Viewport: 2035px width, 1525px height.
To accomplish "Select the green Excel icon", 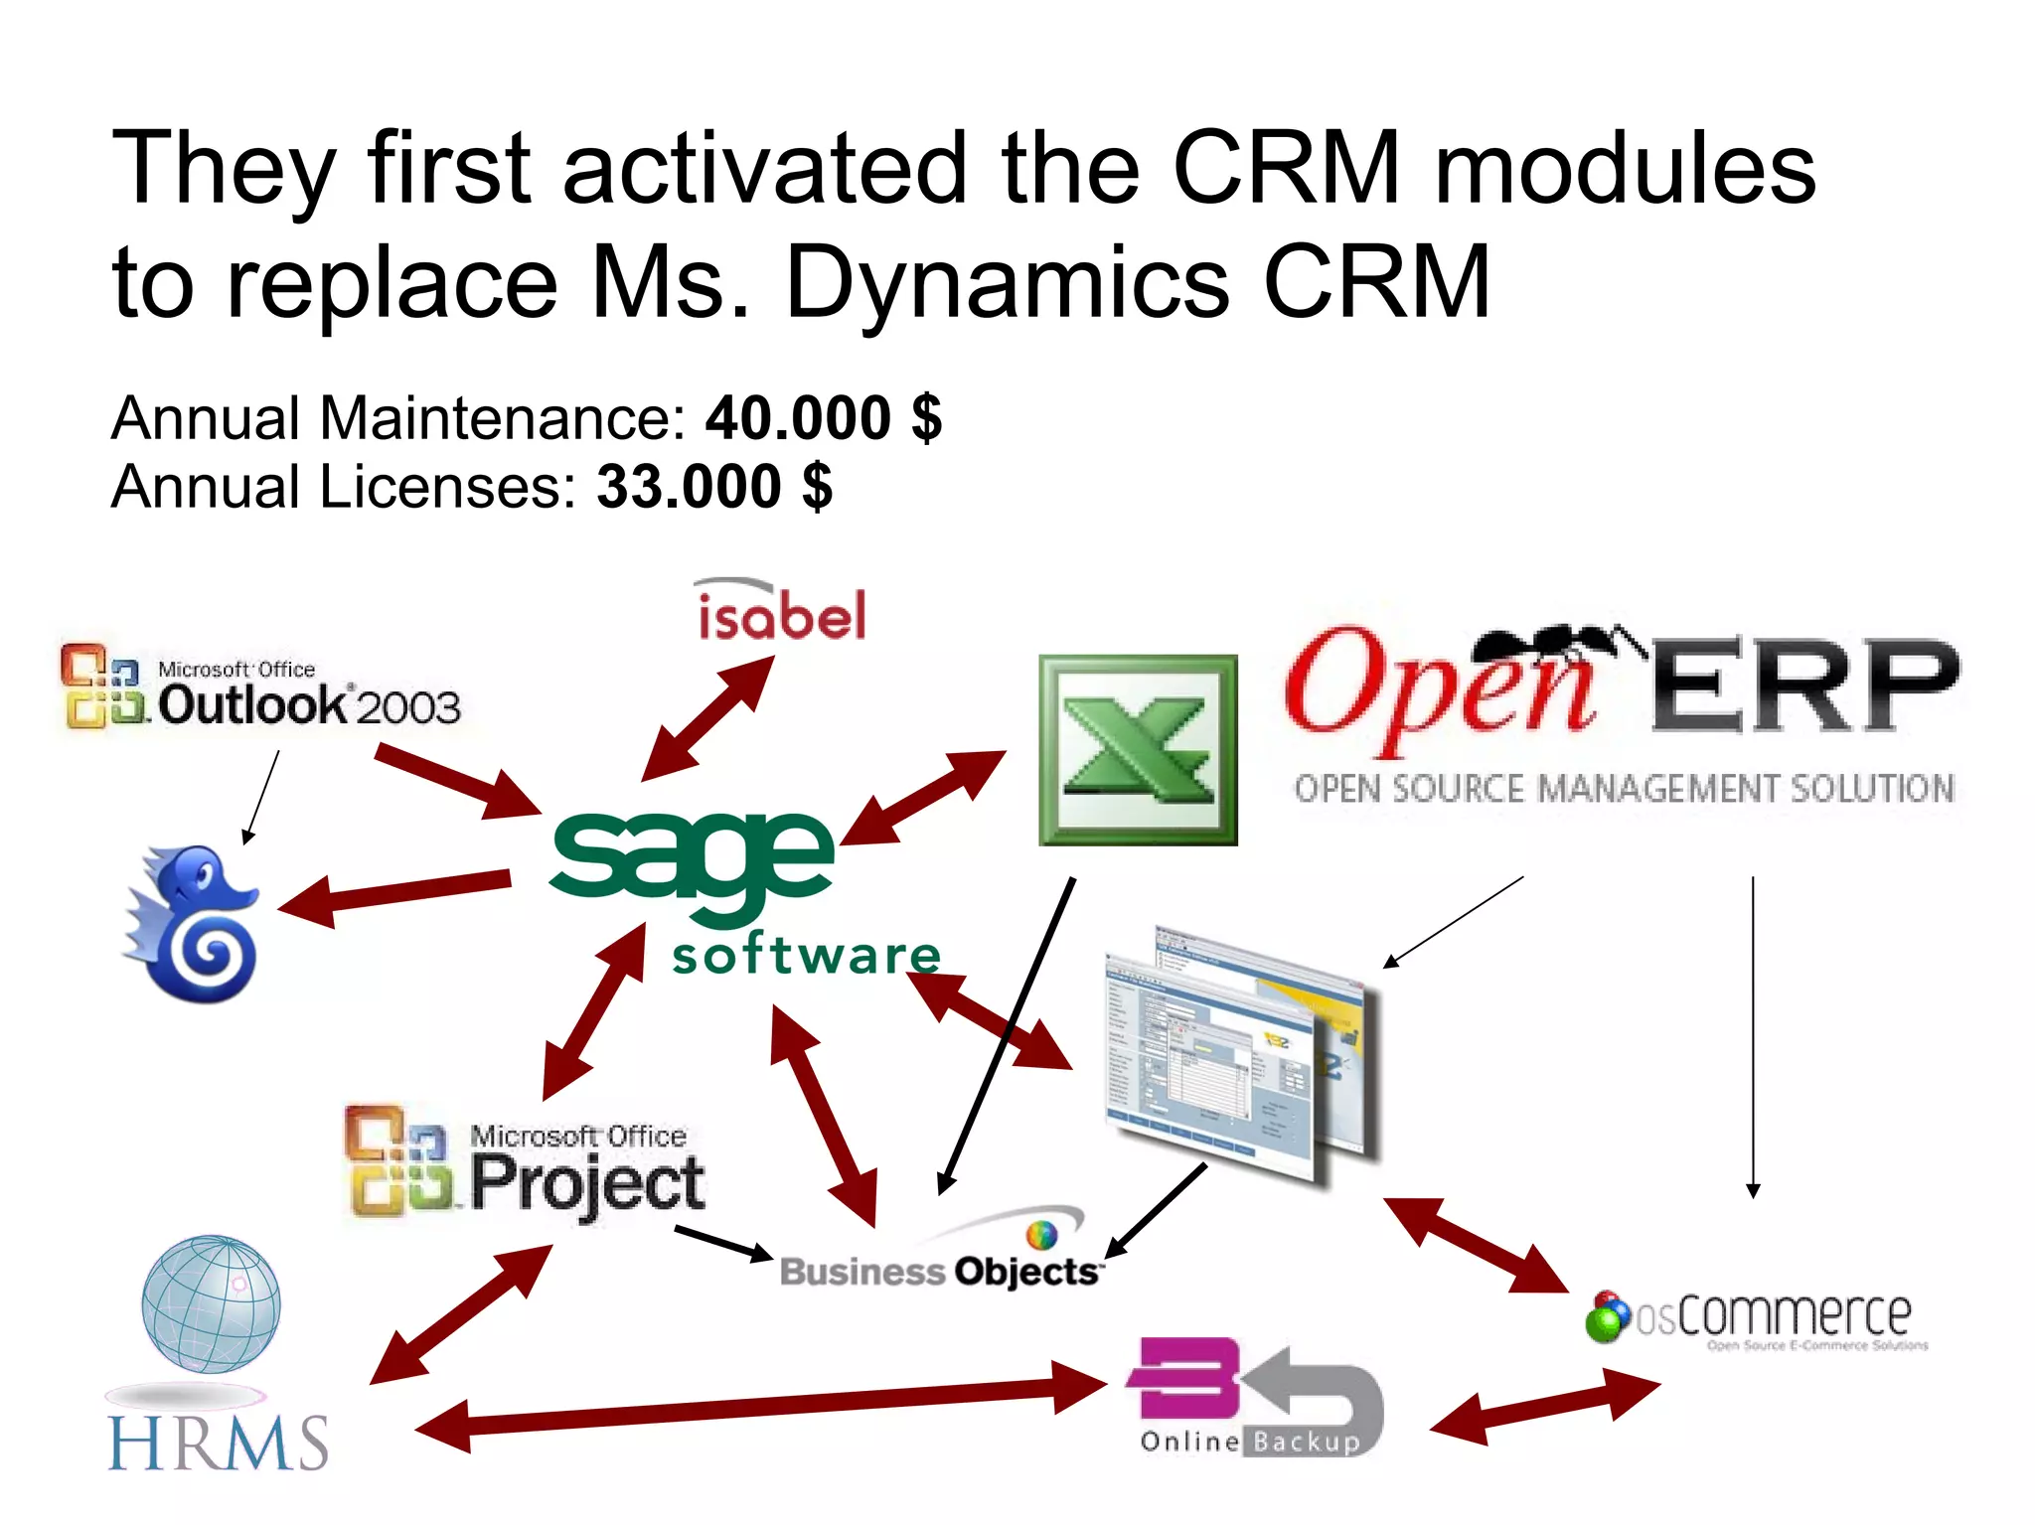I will [x=1138, y=750].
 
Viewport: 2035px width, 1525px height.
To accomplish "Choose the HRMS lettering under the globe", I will [x=217, y=1443].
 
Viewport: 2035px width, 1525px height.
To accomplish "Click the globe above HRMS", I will [x=211, y=1303].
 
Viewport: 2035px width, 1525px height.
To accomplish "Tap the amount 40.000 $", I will [x=823, y=417].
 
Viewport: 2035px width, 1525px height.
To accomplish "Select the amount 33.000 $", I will [x=713, y=487].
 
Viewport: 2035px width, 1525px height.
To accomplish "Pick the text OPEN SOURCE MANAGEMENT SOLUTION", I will [x=1624, y=789].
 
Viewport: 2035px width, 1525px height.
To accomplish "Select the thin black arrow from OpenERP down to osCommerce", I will [x=1753, y=1033].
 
